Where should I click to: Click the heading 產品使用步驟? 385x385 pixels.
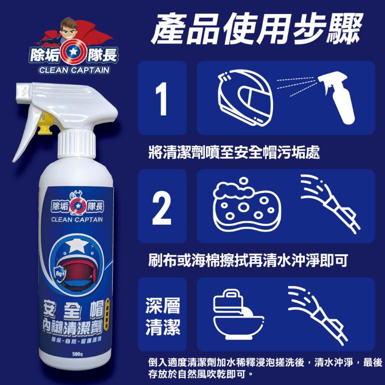(257, 28)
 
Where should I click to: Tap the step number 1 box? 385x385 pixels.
(162, 98)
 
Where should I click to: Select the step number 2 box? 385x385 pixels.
(162, 206)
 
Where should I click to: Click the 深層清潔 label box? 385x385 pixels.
(162, 314)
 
